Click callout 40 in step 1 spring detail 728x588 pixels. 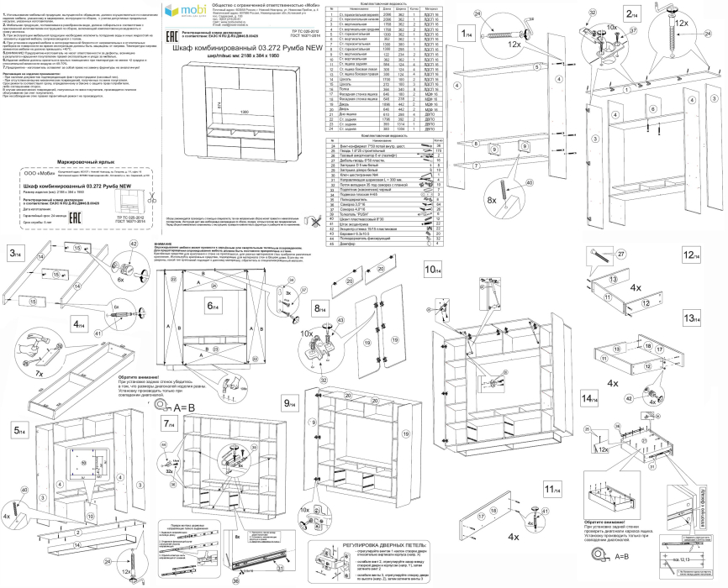(x=530, y=182)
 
